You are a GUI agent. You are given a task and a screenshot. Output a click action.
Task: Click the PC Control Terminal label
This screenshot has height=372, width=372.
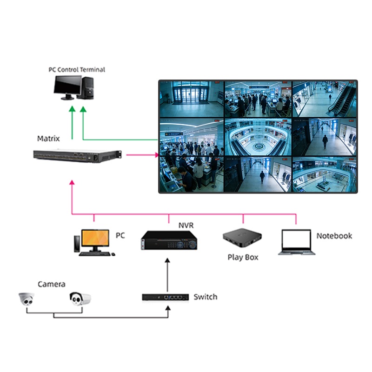coord(77,70)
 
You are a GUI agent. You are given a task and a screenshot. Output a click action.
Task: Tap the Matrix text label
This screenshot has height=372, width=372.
coord(48,139)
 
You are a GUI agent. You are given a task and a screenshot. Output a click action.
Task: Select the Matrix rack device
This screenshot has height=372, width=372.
coord(77,156)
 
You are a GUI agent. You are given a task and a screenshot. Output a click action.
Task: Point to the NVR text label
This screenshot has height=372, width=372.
coord(186,226)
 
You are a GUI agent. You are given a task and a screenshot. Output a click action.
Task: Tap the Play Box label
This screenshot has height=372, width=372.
coord(243,257)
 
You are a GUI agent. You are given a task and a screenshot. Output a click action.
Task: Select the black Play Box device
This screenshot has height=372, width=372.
coord(242,239)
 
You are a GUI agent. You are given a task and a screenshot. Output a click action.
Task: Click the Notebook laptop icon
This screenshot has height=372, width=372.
coord(297,242)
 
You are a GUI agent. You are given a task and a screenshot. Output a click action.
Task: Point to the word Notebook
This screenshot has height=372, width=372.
coord(334,236)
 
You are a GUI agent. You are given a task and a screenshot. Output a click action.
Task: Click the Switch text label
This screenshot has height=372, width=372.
coord(205,297)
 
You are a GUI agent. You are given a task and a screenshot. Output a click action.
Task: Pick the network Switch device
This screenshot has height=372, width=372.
coord(165,297)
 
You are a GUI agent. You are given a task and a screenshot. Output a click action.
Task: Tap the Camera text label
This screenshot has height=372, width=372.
coord(52,284)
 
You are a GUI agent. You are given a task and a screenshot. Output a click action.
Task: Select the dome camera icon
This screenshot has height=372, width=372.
coord(27,299)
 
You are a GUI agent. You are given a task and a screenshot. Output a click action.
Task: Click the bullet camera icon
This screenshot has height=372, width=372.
coord(80,298)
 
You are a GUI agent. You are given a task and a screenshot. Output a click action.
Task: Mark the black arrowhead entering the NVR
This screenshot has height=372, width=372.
coord(169,260)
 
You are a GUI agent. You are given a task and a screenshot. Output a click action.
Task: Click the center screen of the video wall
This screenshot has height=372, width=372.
coord(258,137)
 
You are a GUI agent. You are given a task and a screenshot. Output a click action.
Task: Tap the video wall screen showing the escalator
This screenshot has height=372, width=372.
coord(324,99)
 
